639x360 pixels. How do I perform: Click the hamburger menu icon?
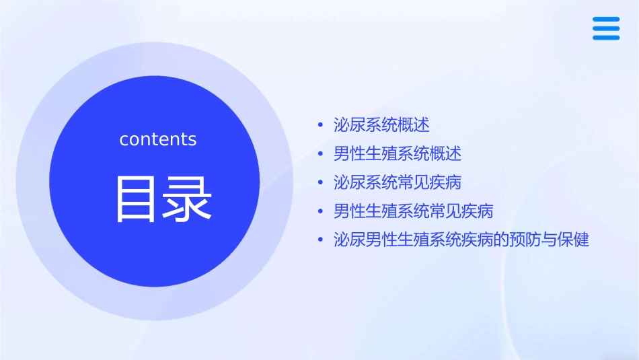click(x=605, y=28)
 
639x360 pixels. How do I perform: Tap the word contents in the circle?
click(x=158, y=139)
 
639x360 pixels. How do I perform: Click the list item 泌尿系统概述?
click(x=381, y=124)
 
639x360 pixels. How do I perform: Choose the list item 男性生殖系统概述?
click(x=398, y=153)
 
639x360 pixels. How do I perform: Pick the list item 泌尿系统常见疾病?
click(x=398, y=182)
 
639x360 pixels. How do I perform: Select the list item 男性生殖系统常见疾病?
click(x=414, y=211)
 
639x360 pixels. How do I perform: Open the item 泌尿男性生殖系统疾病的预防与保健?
click(x=461, y=240)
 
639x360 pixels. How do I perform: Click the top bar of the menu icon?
click(x=605, y=20)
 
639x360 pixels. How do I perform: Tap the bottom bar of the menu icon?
click(x=605, y=37)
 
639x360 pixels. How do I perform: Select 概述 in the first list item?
click(x=414, y=124)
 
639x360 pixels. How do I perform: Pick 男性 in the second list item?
click(x=350, y=153)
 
